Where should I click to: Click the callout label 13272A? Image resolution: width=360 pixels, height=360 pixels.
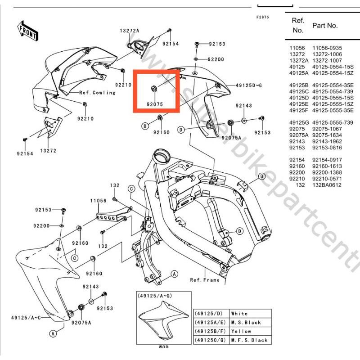[x=129, y=31]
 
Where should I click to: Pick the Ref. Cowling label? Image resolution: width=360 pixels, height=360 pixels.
[x=97, y=93]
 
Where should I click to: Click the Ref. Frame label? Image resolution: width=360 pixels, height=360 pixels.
[x=205, y=280]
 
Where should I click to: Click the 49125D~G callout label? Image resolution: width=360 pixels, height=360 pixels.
[x=249, y=85]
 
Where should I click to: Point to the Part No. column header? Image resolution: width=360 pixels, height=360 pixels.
[x=325, y=26]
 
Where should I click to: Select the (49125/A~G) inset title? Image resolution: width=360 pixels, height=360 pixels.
[x=154, y=296]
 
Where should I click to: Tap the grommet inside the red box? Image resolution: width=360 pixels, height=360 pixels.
[x=154, y=87]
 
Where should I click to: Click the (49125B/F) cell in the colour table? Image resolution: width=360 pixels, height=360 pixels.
[x=209, y=331]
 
